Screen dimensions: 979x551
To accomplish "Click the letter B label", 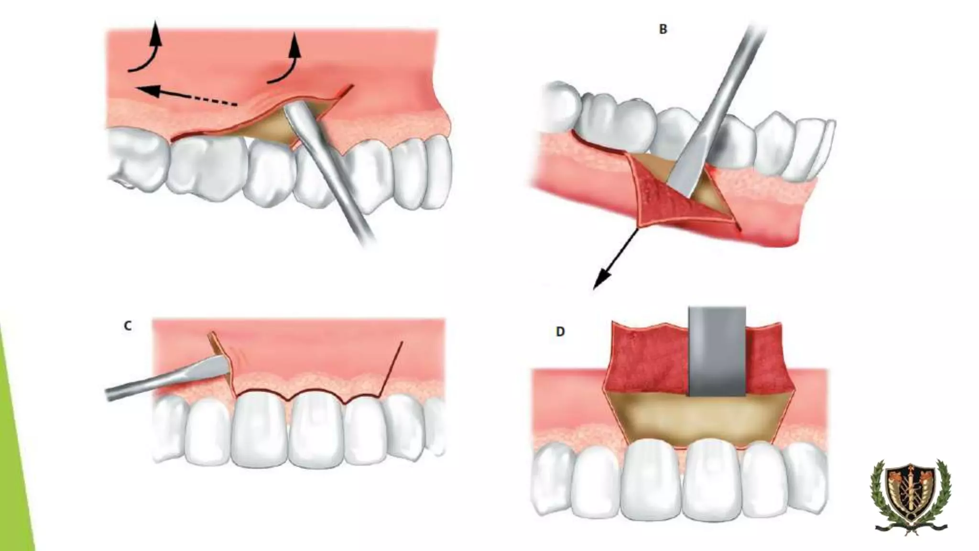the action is (x=663, y=29).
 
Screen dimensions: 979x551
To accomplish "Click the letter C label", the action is (x=128, y=326).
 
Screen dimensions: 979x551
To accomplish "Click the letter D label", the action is (x=560, y=331).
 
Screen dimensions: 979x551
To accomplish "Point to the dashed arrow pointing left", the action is (x=186, y=95).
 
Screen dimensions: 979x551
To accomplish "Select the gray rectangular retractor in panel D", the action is (x=717, y=351).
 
